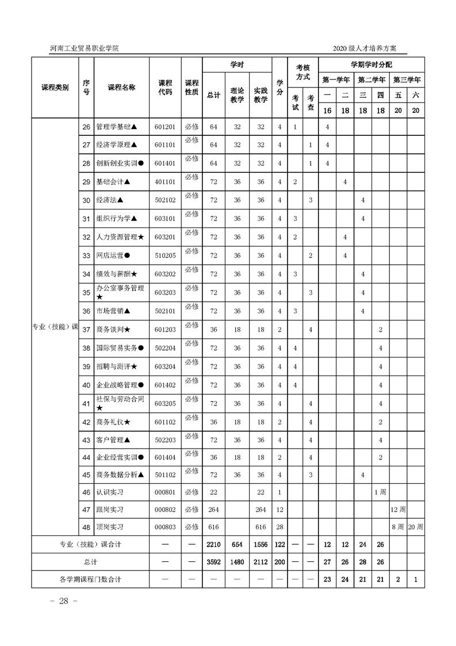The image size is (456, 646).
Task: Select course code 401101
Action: tap(165, 182)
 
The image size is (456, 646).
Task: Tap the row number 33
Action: tap(86, 256)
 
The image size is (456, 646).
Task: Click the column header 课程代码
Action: tap(165, 88)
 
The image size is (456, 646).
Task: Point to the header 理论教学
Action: tap(237, 96)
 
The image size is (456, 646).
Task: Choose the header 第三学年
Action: tap(407, 79)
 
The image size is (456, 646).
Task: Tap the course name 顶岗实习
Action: tap(110, 527)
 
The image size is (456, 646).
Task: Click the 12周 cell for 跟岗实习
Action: tap(398, 510)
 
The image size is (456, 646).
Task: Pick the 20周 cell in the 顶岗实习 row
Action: tap(415, 527)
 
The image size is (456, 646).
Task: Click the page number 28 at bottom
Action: tap(59, 601)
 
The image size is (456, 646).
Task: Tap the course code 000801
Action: tap(165, 492)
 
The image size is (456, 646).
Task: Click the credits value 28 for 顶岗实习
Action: tap(279, 527)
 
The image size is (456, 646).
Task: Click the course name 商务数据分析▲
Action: tap(120, 475)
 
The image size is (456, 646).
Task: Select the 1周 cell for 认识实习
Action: tap(380, 492)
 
